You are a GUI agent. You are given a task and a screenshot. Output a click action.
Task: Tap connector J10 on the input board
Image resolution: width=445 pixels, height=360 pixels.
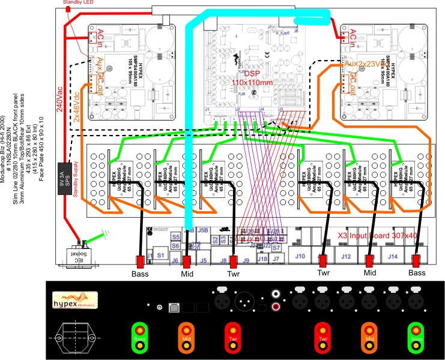pyautogui.click(x=300, y=257)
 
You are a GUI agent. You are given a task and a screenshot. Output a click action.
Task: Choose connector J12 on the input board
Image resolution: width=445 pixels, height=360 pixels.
pyautogui.click(x=346, y=257)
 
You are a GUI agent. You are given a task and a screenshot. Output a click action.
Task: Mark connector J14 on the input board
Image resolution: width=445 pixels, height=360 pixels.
pyautogui.click(x=392, y=257)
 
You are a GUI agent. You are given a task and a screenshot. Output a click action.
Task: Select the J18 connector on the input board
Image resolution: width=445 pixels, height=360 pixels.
pyautogui.click(x=262, y=259)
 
